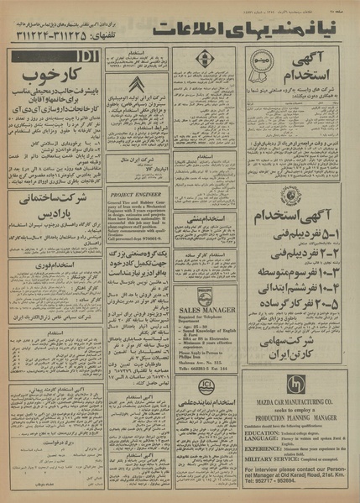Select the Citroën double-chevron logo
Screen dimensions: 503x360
(x=137, y=85)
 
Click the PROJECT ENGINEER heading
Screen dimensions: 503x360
(x=135, y=193)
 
